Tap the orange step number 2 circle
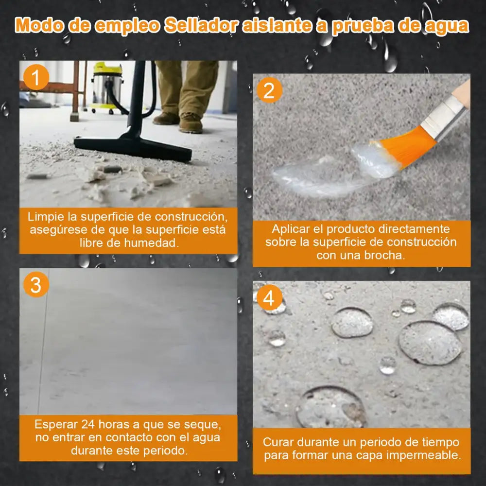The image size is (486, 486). [269, 90]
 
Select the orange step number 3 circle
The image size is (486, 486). [35, 285]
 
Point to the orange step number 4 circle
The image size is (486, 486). [269, 298]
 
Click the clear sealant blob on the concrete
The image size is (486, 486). [321, 173]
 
